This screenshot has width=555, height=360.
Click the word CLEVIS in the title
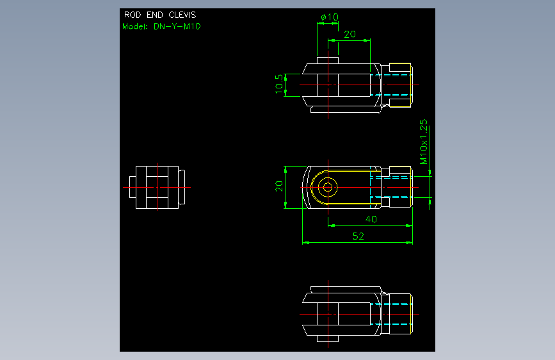[x=182, y=15]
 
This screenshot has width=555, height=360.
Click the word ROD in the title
[x=133, y=15]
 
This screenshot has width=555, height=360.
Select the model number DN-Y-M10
[x=177, y=26]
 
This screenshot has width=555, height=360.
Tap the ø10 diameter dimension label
[x=330, y=17]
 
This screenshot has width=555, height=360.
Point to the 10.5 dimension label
[x=279, y=84]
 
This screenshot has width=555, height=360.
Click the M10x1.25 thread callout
[x=424, y=142]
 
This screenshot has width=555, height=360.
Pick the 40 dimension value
[x=371, y=219]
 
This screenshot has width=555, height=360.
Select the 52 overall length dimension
[x=358, y=236]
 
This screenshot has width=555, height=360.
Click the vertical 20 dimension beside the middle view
[x=279, y=186]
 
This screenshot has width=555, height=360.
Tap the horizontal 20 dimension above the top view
[x=350, y=35]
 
